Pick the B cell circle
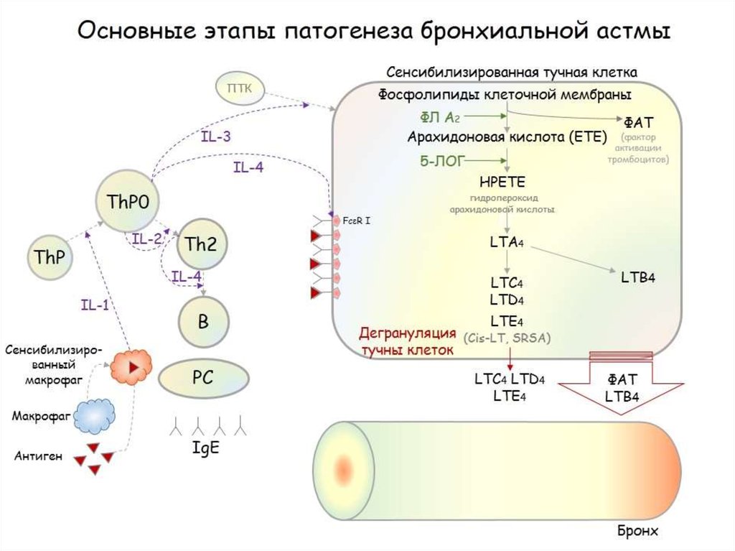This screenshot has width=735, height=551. coord(202,321)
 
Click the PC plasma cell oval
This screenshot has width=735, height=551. coord(203,376)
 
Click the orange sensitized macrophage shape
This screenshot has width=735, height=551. coord(131,366)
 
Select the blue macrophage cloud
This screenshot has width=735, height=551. coord(96,415)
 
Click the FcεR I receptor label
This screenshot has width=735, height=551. coord(356,220)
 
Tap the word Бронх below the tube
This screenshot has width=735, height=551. coord(637,532)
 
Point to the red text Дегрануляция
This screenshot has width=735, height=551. coord(408,334)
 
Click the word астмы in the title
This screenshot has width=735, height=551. coord(627,32)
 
